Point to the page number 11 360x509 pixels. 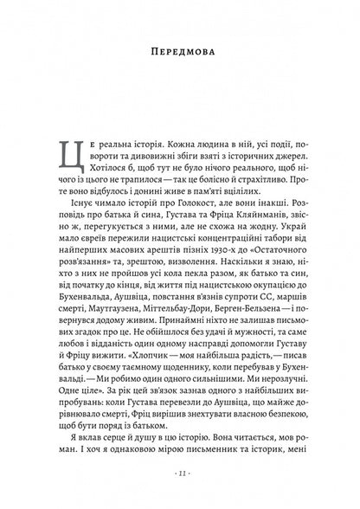(x=180, y=475)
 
